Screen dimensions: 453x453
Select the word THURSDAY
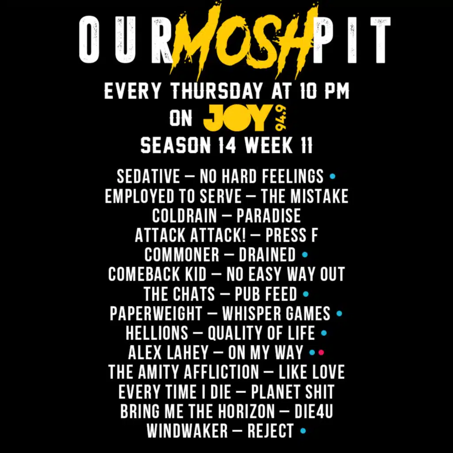216,92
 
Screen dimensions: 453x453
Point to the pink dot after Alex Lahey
321,353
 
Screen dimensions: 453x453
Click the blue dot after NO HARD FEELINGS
333,177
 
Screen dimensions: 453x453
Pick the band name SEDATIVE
148,177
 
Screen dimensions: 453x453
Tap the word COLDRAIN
184,216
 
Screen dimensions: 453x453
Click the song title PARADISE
269,216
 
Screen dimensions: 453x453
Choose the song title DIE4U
314,411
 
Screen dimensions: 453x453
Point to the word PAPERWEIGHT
156,313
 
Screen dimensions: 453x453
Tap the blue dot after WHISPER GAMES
339,314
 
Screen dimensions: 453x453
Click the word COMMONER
181,255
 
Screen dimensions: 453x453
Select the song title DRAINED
267,255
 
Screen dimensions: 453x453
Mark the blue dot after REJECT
303,430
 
